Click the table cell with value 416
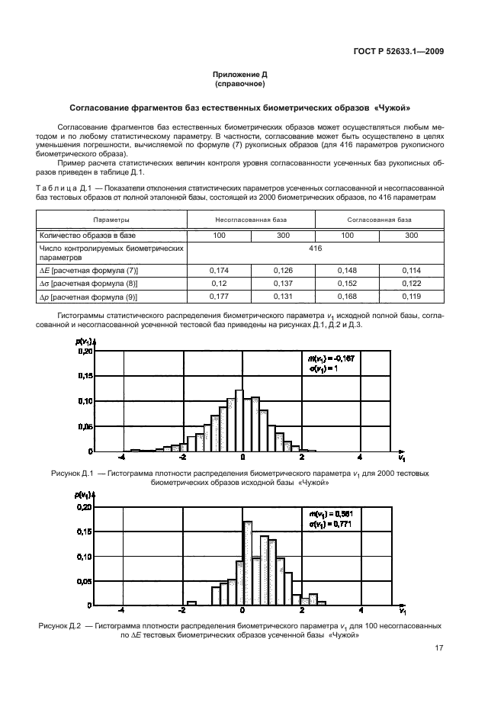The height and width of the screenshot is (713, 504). coord(316,249)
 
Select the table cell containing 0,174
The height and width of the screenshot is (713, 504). coord(220,270)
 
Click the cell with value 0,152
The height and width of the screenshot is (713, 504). coord(348,284)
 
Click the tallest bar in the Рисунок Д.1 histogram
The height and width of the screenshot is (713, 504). coord(239,421)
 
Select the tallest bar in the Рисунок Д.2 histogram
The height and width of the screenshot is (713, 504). coord(247,563)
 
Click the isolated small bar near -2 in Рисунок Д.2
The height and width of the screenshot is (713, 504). coord(191,603)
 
